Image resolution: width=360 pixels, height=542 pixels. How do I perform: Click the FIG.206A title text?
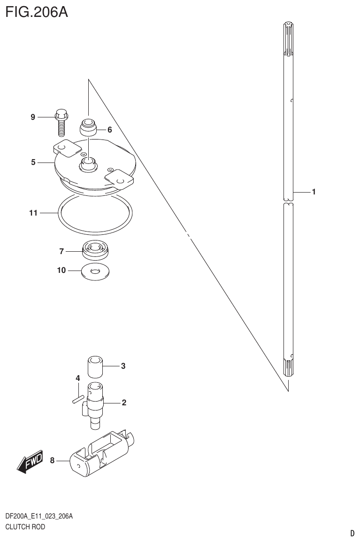(x=37, y=11)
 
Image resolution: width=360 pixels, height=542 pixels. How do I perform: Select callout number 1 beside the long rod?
(x=313, y=192)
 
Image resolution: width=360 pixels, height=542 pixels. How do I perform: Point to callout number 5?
(x=33, y=163)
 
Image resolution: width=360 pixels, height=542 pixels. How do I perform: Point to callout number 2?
(x=124, y=403)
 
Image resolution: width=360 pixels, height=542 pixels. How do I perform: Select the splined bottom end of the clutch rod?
(x=288, y=366)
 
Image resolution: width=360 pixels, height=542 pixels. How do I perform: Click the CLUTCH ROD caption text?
(x=25, y=527)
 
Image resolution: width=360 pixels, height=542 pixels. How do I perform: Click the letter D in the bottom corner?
(x=352, y=533)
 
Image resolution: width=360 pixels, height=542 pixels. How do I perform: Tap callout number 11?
(x=32, y=213)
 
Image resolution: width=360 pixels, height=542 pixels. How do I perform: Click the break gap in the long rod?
(x=288, y=201)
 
